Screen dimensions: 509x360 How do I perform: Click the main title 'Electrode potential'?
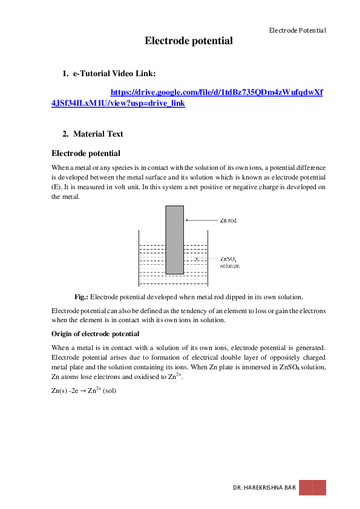pos(188,41)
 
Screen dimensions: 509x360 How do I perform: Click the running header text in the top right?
pos(297,30)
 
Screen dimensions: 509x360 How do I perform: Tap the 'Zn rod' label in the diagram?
pos(229,221)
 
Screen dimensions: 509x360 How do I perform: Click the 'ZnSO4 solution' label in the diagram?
pos(230,261)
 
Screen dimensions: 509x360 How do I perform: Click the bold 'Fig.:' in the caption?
pos(81,297)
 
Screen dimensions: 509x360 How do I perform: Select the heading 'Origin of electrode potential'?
pos(96,334)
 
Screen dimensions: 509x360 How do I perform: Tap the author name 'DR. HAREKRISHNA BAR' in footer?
pos(264,488)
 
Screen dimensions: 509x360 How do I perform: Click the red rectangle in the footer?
pos(312,488)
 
